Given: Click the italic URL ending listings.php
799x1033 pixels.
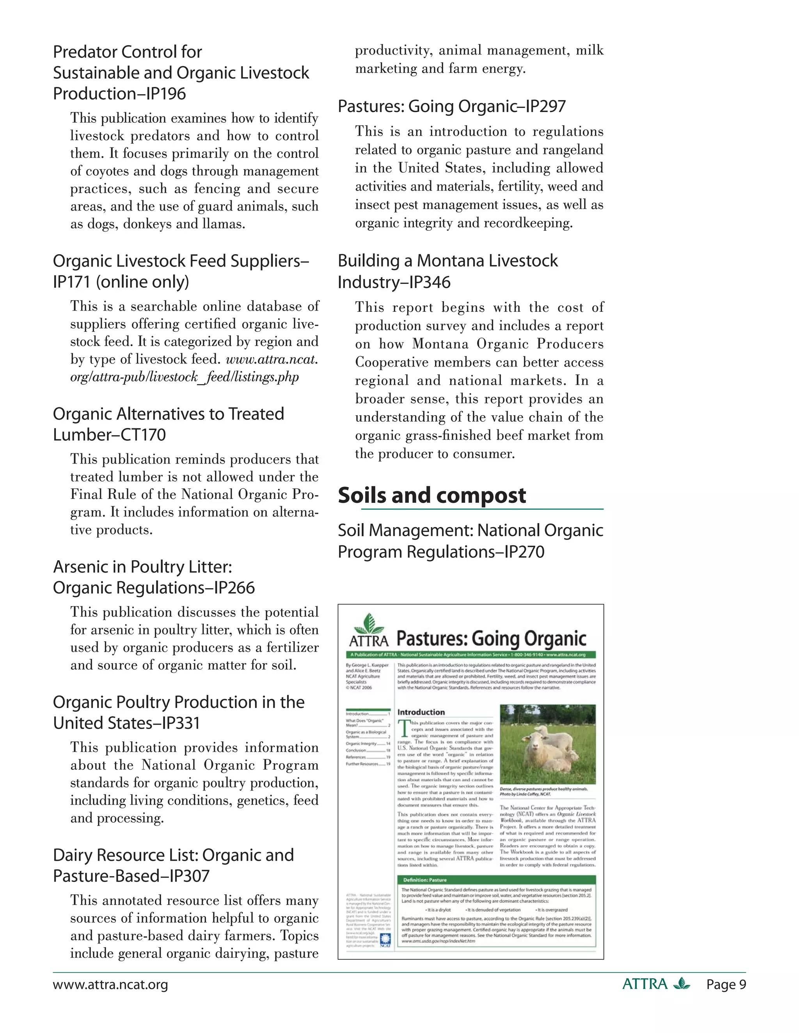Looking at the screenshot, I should click(x=185, y=377).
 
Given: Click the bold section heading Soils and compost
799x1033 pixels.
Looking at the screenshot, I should click(x=432, y=495).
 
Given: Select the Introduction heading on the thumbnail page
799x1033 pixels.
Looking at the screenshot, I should click(x=421, y=712).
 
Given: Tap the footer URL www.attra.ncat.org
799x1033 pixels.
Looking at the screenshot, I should click(x=110, y=985).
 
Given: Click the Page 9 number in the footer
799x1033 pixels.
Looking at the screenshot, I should click(x=726, y=985).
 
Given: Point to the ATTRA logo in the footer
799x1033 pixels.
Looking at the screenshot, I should click(x=655, y=984).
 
